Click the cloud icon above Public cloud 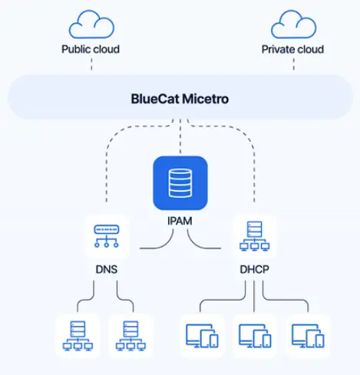pyautogui.click(x=91, y=25)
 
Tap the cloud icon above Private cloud pyautogui.click(x=294, y=25)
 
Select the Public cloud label pyautogui.click(x=91, y=49)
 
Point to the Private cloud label pyautogui.click(x=292, y=49)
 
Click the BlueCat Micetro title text pyautogui.click(x=180, y=99)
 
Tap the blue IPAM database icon pyautogui.click(x=180, y=183)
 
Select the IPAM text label pyautogui.click(x=180, y=221)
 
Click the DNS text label pyautogui.click(x=107, y=269)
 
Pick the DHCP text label pyautogui.click(x=254, y=269)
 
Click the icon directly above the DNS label pyautogui.click(x=107, y=236)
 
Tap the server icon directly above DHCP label pyautogui.click(x=254, y=236)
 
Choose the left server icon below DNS pyautogui.click(x=78, y=336)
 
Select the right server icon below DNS pyautogui.click(x=130, y=336)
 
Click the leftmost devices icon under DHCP pyautogui.click(x=202, y=336)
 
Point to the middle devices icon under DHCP pyautogui.click(x=255, y=336)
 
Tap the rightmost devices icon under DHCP pyautogui.click(x=308, y=336)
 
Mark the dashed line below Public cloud pyautogui.click(x=91, y=64)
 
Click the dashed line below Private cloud pyautogui.click(x=294, y=64)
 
